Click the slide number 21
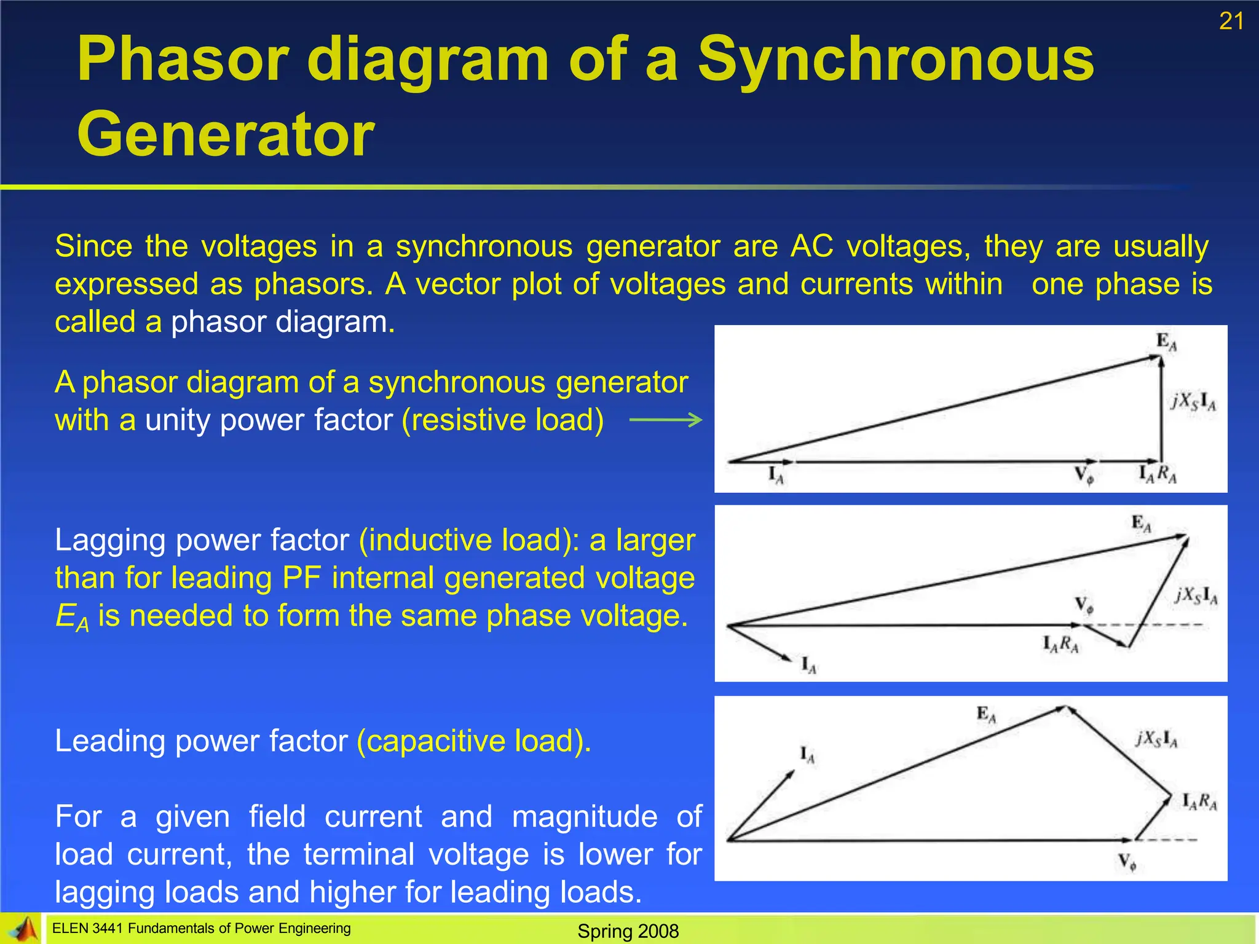coord(1231,22)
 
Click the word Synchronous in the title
coord(896,59)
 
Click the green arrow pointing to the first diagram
coord(666,420)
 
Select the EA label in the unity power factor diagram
coord(1166,342)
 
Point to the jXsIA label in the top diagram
coord(1193,401)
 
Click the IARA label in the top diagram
coord(1157,474)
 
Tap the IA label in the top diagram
coord(776,475)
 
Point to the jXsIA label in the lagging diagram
coord(1196,595)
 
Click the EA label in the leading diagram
coord(986,714)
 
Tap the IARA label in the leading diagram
coord(1199,801)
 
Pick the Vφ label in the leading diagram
coord(1127,862)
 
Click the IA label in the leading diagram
coord(807,754)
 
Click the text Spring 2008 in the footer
coord(628,931)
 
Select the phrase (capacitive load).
coord(474,741)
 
